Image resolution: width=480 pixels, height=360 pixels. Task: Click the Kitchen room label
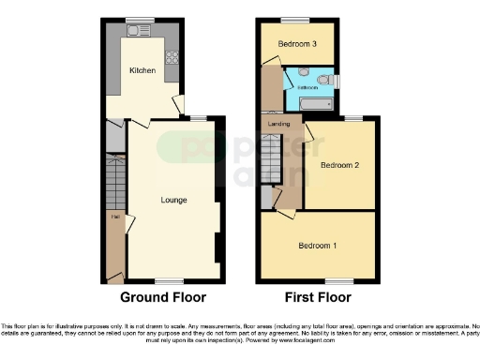[142, 70]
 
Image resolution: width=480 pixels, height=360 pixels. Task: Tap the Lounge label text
[173, 200]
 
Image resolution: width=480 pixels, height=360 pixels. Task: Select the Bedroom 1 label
[317, 246]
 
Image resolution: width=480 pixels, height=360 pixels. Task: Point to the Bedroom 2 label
[339, 164]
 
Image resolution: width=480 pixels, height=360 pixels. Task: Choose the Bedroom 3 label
[295, 44]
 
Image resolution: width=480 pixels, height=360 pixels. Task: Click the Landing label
[277, 122]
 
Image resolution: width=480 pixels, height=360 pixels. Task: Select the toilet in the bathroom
[323, 82]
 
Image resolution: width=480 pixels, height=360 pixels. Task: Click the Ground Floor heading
[162, 297]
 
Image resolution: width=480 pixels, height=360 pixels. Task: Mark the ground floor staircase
[113, 178]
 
